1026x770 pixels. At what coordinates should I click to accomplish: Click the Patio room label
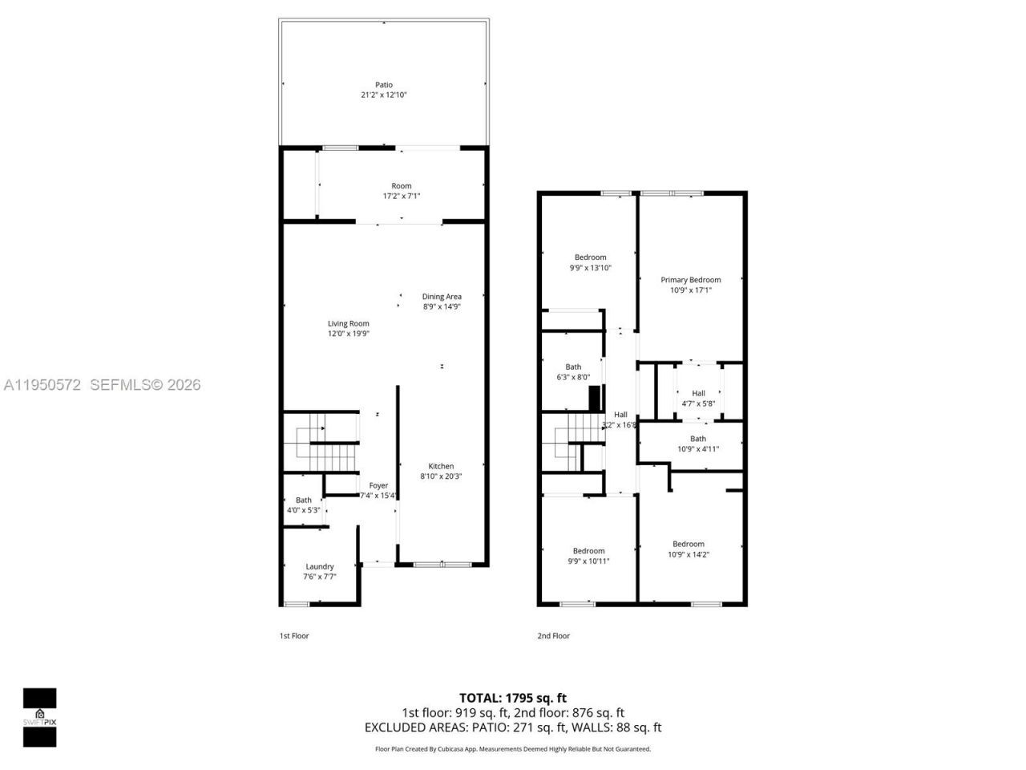click(x=384, y=85)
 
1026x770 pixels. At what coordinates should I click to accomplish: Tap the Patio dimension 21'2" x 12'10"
click(x=384, y=95)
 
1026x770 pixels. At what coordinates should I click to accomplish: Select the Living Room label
click(x=348, y=324)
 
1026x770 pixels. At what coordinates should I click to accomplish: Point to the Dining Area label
click(x=442, y=297)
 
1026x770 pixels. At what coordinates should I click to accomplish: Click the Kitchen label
click(x=441, y=466)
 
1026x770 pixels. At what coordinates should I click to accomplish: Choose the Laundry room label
click(x=319, y=566)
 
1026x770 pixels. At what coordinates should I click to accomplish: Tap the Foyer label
click(x=378, y=485)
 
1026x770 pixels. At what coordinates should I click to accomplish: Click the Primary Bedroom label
click(x=690, y=280)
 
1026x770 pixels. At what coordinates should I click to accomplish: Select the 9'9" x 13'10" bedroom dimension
click(x=590, y=268)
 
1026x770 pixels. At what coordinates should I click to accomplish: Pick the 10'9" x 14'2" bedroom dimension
click(x=689, y=554)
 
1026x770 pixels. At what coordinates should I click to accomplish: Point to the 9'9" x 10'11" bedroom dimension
click(x=588, y=561)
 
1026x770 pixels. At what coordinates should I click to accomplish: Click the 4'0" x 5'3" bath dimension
click(x=304, y=510)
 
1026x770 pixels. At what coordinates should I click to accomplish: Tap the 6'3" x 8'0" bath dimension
click(x=573, y=377)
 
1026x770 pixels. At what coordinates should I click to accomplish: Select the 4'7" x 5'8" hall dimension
click(x=698, y=403)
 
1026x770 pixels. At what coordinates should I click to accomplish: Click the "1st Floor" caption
click(x=294, y=636)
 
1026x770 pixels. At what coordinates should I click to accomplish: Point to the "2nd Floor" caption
click(x=553, y=636)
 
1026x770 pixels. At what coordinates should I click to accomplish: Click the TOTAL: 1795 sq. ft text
click(x=512, y=698)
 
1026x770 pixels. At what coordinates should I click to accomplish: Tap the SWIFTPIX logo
click(x=39, y=717)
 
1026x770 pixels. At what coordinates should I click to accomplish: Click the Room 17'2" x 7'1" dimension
click(x=402, y=196)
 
